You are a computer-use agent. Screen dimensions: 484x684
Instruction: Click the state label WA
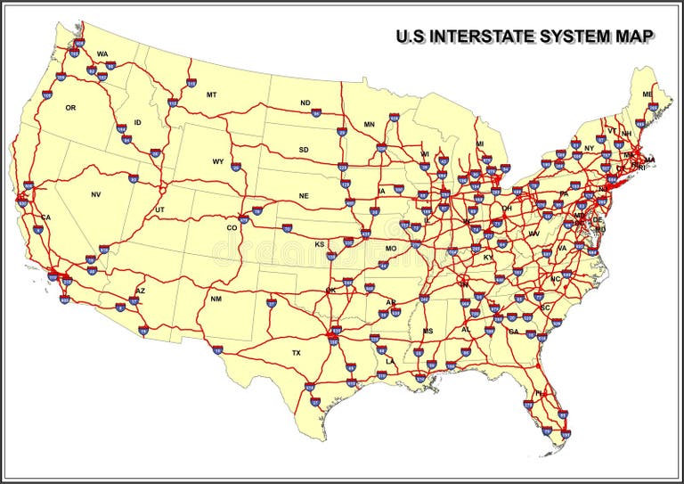pyautogui.click(x=102, y=53)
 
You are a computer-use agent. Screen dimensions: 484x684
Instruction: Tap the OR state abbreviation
pyautogui.click(x=70, y=107)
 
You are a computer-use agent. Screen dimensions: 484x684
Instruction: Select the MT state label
pyautogui.click(x=211, y=94)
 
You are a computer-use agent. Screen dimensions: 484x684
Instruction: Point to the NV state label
pyautogui.click(x=96, y=194)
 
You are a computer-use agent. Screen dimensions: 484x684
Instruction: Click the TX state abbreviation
pyautogui.click(x=297, y=353)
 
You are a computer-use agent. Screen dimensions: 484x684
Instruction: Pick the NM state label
pyautogui.click(x=216, y=299)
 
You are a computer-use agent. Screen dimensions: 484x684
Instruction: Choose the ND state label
pyautogui.click(x=305, y=103)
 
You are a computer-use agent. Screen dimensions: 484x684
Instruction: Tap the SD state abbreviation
pyautogui.click(x=304, y=150)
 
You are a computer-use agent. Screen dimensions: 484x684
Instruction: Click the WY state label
pyautogui.click(x=218, y=161)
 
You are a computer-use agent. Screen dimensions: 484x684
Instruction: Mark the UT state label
pyautogui.click(x=160, y=209)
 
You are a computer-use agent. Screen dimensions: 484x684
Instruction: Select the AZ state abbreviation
pyautogui.click(x=140, y=291)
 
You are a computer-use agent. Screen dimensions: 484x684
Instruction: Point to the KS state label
pyautogui.click(x=319, y=244)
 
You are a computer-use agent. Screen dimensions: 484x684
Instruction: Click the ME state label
pyautogui.click(x=647, y=94)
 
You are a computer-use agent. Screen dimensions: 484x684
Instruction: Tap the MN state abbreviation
pyautogui.click(x=369, y=125)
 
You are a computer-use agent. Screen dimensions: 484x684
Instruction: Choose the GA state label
pyautogui.click(x=513, y=332)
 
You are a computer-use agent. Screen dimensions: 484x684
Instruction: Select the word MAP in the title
pyautogui.click(x=634, y=37)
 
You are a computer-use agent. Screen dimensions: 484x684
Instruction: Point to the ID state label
pyautogui.click(x=137, y=122)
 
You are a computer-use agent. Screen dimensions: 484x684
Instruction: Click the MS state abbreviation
pyautogui.click(x=427, y=332)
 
